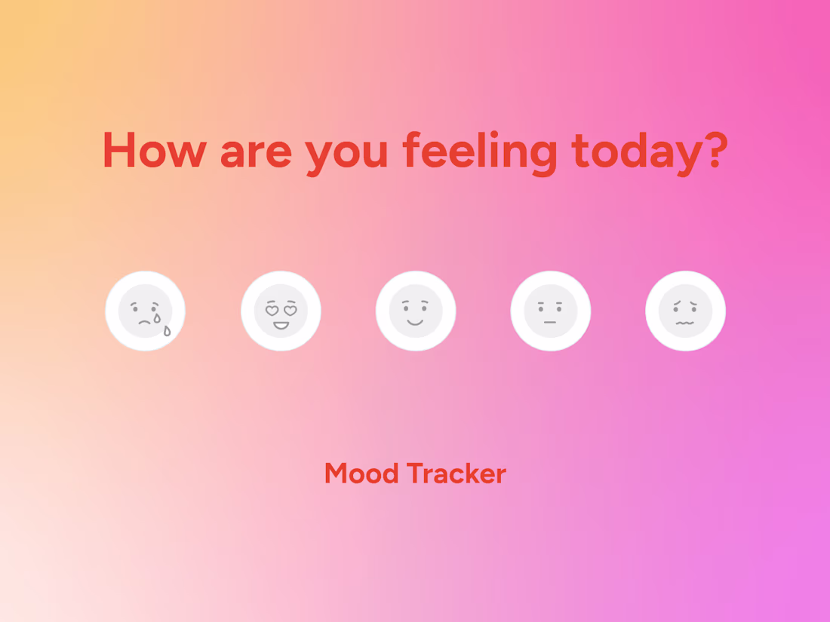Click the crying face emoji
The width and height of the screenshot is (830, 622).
pos(145,311)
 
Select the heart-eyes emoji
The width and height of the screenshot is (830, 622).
pos(281,311)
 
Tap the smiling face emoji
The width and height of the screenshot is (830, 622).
pos(416,311)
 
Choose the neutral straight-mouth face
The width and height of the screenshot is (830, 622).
pos(550,311)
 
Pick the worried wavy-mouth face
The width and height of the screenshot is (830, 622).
pos(685,311)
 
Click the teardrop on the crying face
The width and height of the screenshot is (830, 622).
pos(167,330)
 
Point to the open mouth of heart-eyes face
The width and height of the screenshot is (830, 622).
pos(281,326)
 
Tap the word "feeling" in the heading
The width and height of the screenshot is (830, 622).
pos(480,151)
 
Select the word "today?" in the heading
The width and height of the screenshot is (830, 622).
pos(649,151)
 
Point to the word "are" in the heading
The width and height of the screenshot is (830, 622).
pos(255,151)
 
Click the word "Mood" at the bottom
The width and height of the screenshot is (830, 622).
pos(361,473)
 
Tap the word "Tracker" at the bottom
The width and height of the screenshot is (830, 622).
pos(456,473)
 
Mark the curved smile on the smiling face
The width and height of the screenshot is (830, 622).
pos(416,322)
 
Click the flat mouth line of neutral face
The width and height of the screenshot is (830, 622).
pos(550,323)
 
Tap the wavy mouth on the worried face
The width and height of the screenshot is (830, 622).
pos(685,323)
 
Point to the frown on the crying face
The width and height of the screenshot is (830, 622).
pos(143,322)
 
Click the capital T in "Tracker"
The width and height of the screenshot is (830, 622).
pos(414,473)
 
